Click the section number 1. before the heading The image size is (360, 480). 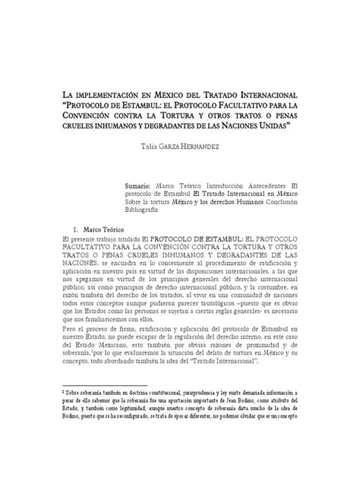tap(74, 229)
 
